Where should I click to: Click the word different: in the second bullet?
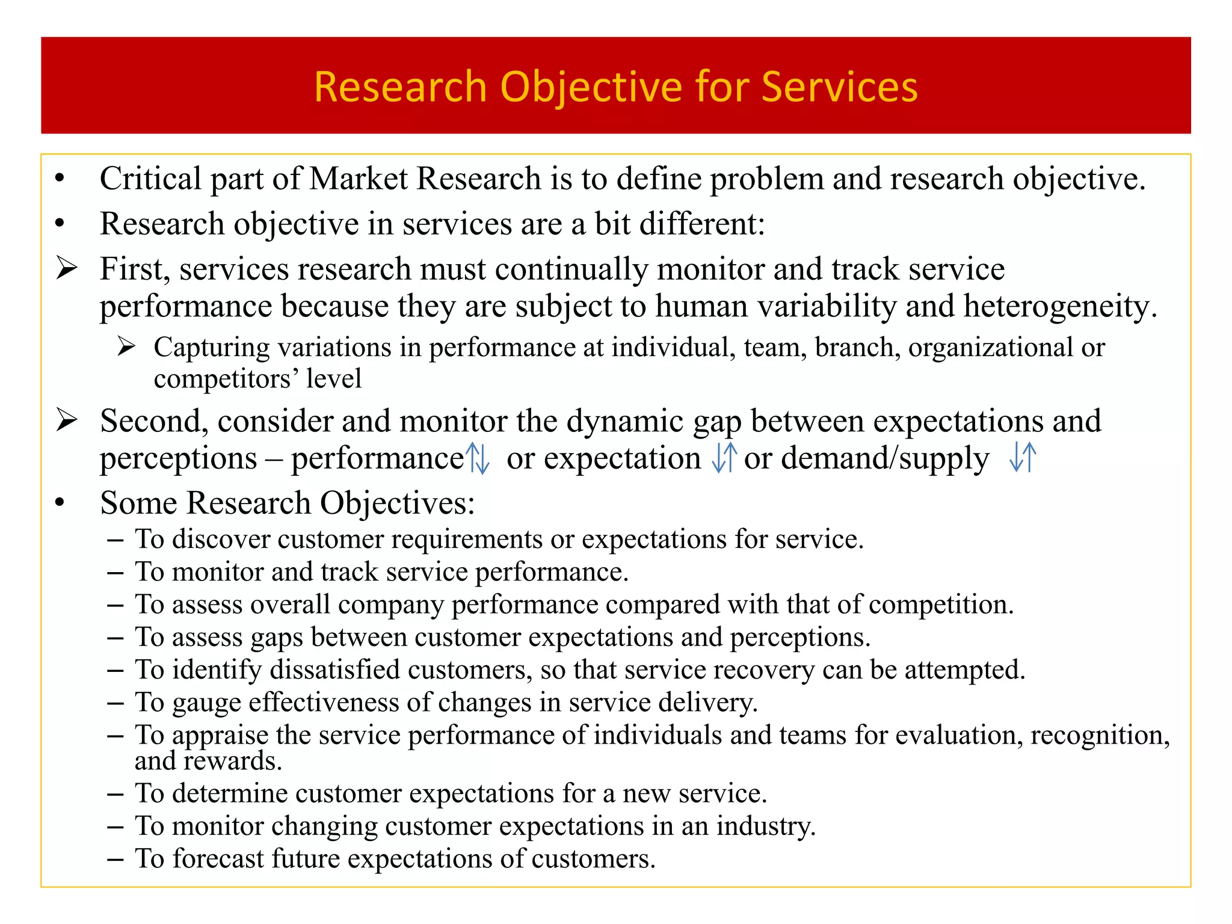[702, 224]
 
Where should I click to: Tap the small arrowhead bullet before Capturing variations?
[126, 347]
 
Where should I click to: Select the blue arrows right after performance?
[479, 458]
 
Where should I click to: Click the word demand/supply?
[884, 458]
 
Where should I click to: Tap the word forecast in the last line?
[218, 858]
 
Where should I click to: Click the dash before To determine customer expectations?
[115, 794]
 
